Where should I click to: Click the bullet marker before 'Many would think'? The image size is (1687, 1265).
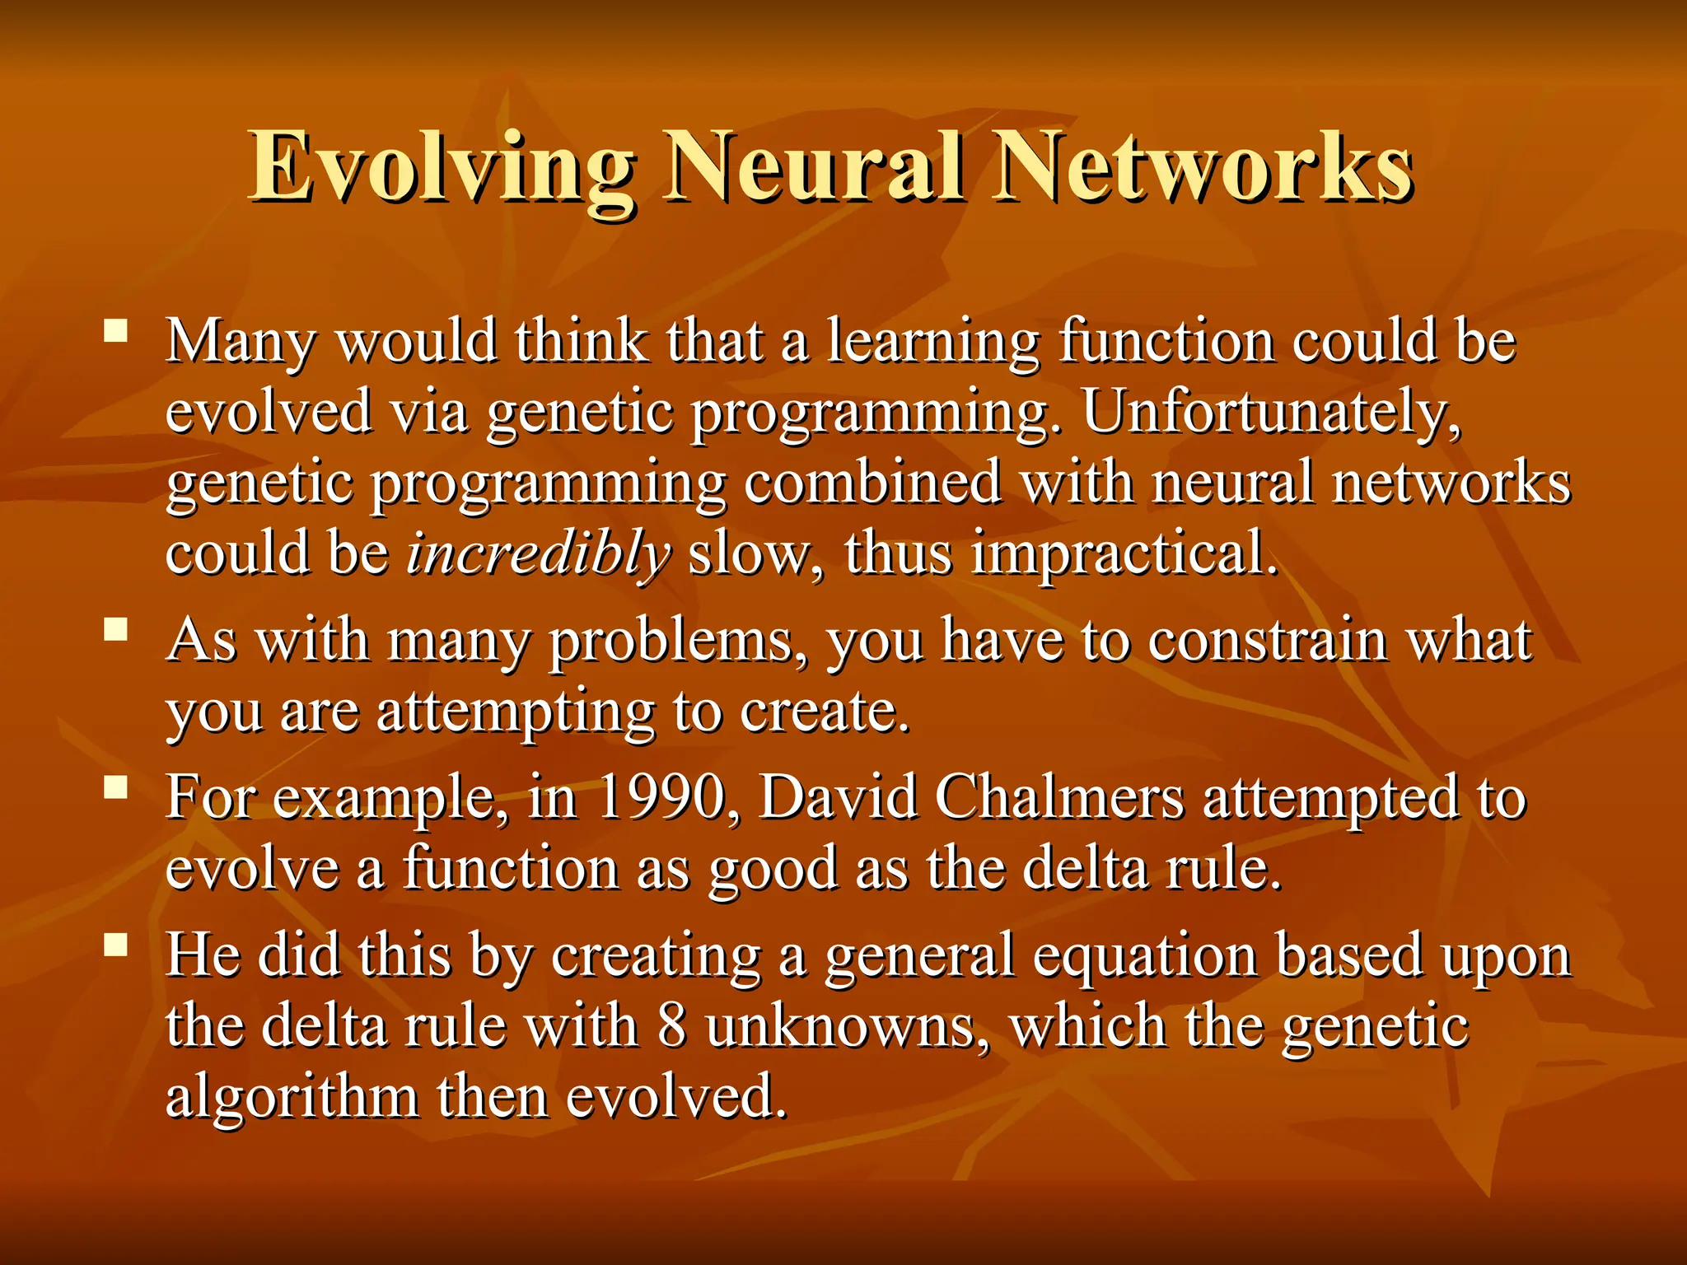coord(116,332)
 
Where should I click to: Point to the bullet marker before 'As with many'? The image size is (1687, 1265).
coord(116,631)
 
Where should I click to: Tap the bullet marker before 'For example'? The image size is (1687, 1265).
coord(116,789)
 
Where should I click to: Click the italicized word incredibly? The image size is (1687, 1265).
coord(539,553)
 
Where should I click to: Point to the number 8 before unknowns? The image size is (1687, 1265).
coord(672,1027)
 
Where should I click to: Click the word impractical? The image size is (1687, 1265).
coord(1124,553)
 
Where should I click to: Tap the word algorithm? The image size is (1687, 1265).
coord(292,1097)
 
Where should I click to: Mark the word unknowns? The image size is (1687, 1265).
coord(848,1027)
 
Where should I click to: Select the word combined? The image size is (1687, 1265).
coord(872,483)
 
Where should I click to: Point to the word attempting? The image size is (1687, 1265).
coord(516,712)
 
